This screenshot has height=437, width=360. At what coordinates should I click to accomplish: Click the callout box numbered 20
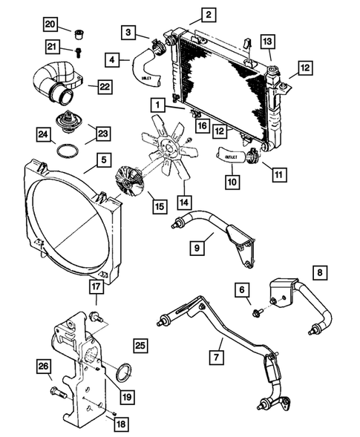pos(50,25)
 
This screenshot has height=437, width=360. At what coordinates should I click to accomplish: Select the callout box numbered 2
pos(209,13)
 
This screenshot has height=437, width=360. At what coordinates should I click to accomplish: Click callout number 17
pos(96,285)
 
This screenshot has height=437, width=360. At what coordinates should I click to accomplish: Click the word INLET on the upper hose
pos(146,76)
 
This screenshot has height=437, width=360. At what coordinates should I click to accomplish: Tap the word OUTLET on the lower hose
pos(232,157)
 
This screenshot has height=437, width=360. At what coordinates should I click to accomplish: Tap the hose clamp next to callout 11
pos(255,157)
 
